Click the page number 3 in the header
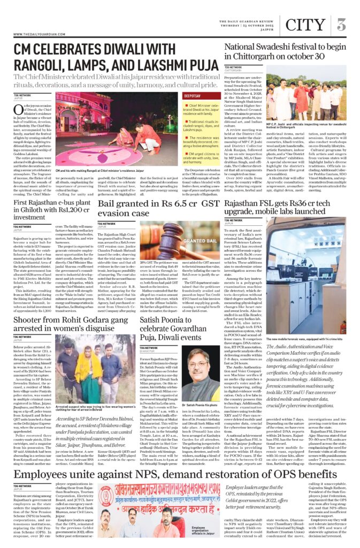pos(342,24)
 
